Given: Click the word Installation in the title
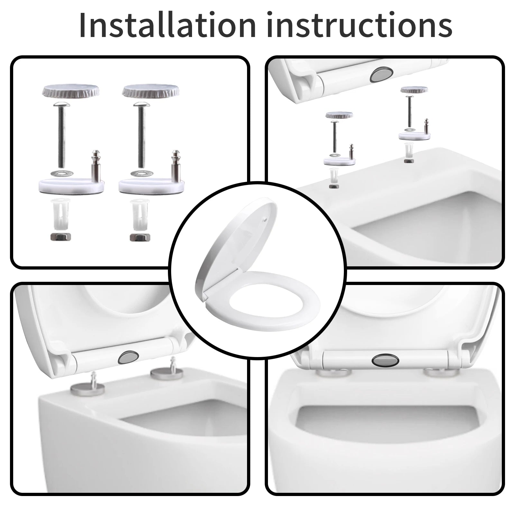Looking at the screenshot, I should (x=167, y=25).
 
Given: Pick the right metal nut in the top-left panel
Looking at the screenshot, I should (x=140, y=237).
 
